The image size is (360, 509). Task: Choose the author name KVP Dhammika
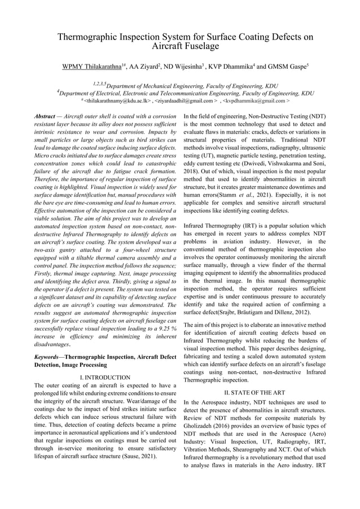click(x=243, y=68)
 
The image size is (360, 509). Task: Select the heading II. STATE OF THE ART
click(x=254, y=392)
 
